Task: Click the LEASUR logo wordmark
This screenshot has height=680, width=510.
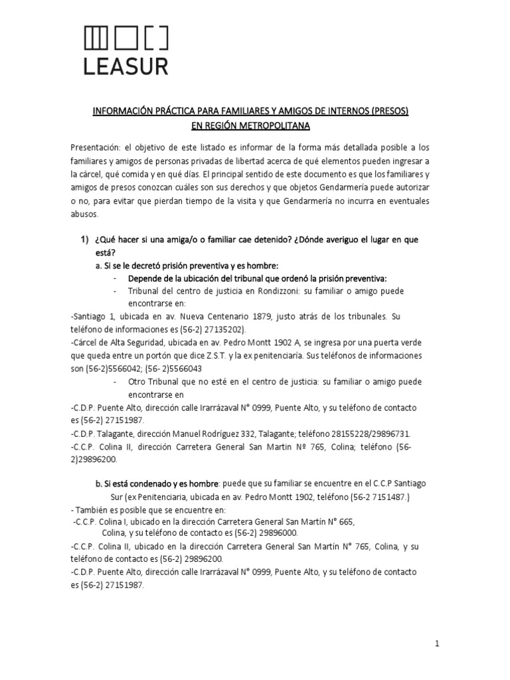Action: [x=125, y=66]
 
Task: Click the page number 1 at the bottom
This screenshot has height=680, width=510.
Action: [x=438, y=643]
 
